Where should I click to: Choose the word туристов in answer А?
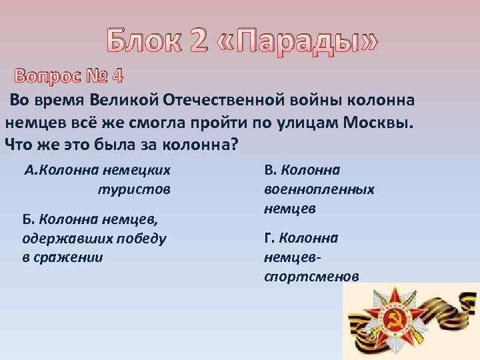pos(134,189)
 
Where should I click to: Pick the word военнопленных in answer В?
pos(319,189)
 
